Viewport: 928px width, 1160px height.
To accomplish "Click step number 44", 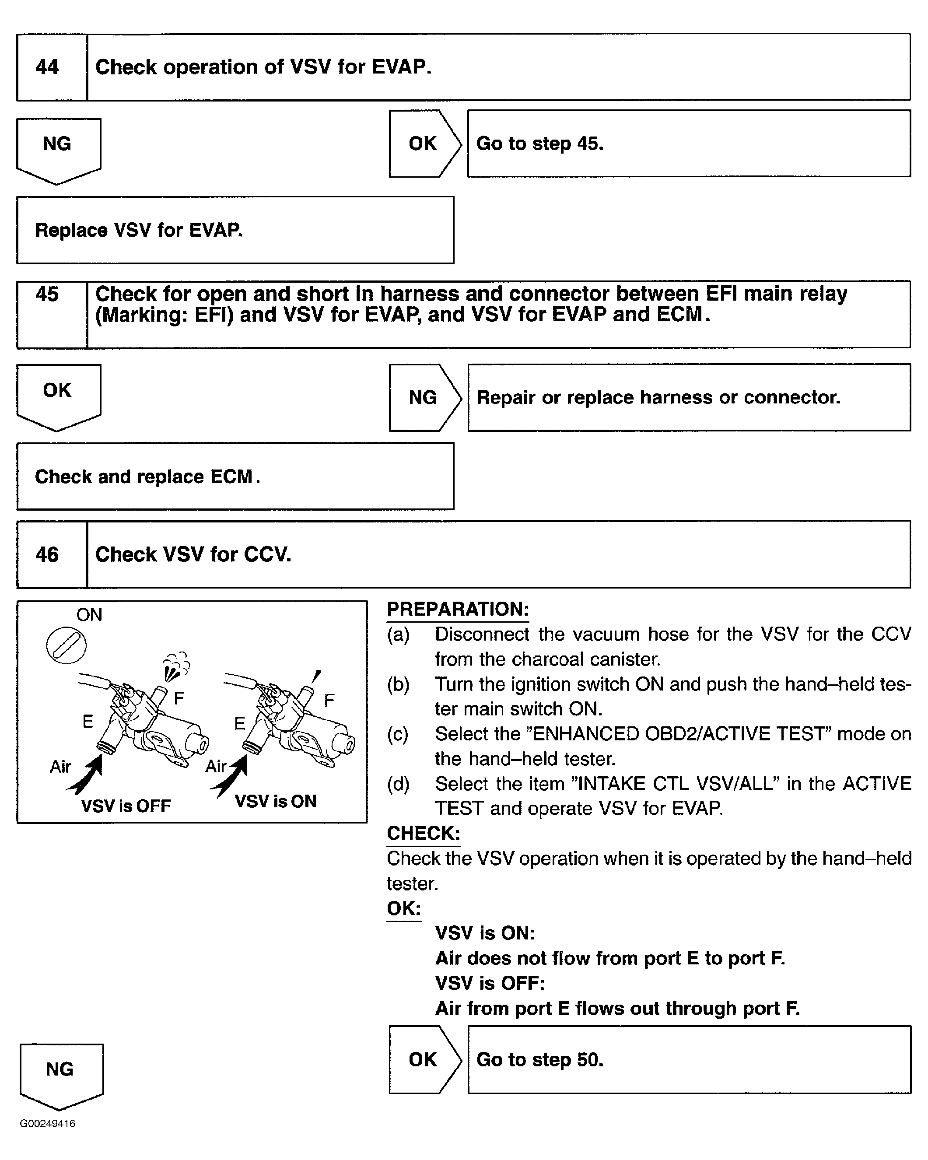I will pos(47,67).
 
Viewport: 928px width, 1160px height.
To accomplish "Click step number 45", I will pos(47,294).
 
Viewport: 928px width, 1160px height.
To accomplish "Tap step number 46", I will pos(47,555).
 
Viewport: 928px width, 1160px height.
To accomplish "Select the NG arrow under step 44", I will pos(58,148).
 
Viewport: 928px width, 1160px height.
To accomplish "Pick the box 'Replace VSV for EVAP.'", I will pos(235,230).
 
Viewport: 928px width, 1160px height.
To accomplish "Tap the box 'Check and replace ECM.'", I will pos(235,476).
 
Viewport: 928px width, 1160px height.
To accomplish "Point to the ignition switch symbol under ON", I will pos(66,645).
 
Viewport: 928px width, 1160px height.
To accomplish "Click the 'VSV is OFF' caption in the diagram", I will pos(126,806).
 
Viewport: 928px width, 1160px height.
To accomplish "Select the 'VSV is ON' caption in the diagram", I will pos(276,802).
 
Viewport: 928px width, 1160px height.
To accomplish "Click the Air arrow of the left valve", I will pos(86,775).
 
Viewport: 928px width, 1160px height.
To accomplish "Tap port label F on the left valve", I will pos(179,698).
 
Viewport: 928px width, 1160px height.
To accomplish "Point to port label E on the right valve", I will pos(239,723).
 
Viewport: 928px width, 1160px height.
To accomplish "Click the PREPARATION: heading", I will pos(458,610).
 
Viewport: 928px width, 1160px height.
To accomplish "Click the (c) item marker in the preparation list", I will pos(398,734).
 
